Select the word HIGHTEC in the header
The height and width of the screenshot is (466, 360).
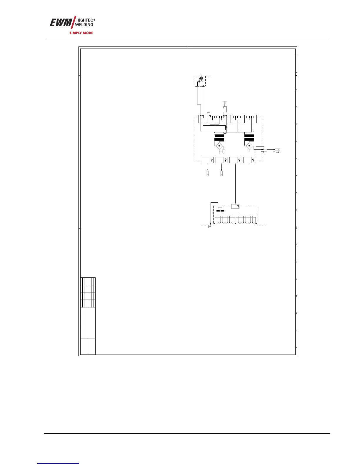85,20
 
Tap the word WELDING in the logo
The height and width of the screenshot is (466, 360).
85,25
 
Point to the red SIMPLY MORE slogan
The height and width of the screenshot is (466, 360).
81,33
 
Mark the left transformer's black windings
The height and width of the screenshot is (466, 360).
219,137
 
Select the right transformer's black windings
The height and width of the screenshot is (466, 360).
249,137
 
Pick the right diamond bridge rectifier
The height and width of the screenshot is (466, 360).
249,146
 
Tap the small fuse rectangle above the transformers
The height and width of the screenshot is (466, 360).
226,128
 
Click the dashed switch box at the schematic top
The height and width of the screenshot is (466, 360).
200,81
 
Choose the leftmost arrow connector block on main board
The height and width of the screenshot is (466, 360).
208,160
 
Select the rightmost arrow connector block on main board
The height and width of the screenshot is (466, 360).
249,160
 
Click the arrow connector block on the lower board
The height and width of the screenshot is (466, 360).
235,206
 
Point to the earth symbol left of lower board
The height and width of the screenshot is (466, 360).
209,226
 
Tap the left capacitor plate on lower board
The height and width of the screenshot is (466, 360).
218,211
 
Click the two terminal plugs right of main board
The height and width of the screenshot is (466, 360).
277,151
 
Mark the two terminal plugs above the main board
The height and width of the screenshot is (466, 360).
225,104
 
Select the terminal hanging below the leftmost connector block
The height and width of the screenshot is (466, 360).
208,173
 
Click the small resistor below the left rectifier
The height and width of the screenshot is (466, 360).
224,151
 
